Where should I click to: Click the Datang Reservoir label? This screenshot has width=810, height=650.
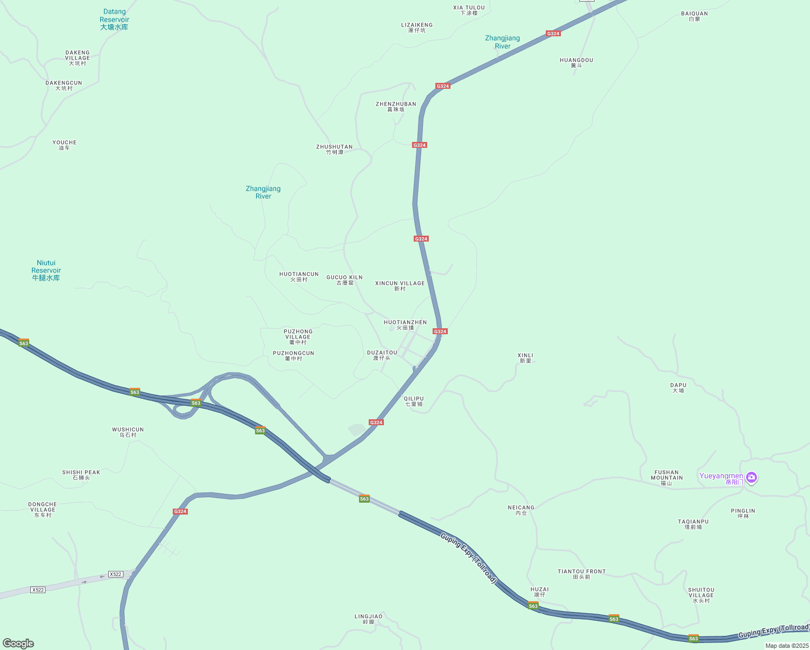click(x=114, y=19)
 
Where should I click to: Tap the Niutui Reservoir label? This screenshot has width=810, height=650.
click(x=46, y=270)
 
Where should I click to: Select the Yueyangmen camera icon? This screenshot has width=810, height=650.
click(x=751, y=477)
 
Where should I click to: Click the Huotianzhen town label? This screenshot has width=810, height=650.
click(x=405, y=325)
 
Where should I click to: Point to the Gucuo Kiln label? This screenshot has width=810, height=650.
click(x=344, y=280)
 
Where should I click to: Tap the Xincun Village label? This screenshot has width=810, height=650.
click(x=400, y=286)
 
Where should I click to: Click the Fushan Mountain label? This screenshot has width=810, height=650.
click(x=667, y=477)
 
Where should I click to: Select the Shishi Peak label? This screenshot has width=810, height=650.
click(x=81, y=475)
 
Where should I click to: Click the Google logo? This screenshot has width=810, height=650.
click(x=18, y=643)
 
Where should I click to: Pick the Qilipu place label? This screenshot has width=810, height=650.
click(x=414, y=401)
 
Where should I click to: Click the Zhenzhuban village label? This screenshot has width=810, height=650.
click(x=396, y=107)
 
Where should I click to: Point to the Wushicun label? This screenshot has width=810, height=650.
click(x=128, y=432)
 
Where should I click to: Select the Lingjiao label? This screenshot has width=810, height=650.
click(x=368, y=619)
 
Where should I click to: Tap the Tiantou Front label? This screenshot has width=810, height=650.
click(x=582, y=574)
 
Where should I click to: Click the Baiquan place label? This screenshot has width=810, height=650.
click(x=694, y=16)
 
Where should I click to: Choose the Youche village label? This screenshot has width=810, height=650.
click(x=64, y=145)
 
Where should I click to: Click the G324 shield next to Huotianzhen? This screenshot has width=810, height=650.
click(x=440, y=331)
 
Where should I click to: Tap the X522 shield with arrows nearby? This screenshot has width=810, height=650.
click(x=115, y=574)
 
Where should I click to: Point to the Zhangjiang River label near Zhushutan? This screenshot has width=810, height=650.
click(x=263, y=192)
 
